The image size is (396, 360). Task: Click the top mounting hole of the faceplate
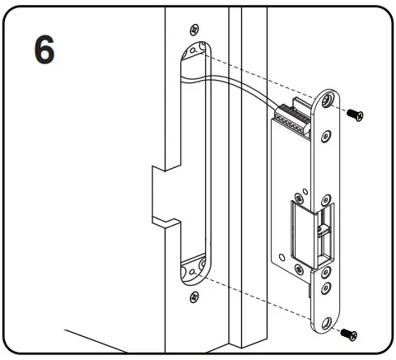(328, 99)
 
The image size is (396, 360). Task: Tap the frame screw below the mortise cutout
(193, 296)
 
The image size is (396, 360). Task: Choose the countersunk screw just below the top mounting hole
(328, 131)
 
